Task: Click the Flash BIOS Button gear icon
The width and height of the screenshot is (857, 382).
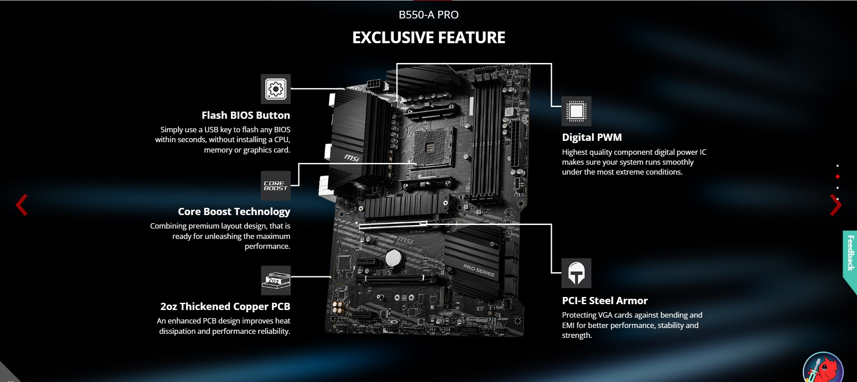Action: pyautogui.click(x=275, y=89)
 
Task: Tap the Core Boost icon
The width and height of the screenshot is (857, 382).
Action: pyautogui.click(x=275, y=186)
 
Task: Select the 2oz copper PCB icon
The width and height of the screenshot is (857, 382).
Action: pyautogui.click(x=275, y=280)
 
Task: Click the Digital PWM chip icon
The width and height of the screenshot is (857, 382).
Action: pyautogui.click(x=576, y=111)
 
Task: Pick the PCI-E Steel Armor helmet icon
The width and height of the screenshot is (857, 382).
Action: pyautogui.click(x=576, y=273)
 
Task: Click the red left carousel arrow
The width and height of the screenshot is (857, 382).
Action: pyautogui.click(x=22, y=205)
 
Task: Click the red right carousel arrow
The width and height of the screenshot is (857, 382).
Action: pyautogui.click(x=836, y=205)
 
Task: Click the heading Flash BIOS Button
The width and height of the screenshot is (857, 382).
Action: pyautogui.click(x=246, y=115)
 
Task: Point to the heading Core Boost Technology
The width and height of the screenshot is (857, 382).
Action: pyautogui.click(x=234, y=211)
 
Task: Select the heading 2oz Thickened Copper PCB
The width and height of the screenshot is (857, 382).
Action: pyautogui.click(x=225, y=306)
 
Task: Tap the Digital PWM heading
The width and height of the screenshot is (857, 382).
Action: pyautogui.click(x=592, y=137)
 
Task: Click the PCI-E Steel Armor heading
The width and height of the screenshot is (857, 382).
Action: pyautogui.click(x=605, y=301)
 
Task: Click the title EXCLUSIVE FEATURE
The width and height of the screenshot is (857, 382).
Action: pyautogui.click(x=428, y=37)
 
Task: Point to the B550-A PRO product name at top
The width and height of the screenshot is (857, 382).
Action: pyautogui.click(x=428, y=15)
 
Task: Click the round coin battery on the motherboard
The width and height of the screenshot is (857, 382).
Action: pyautogui.click(x=393, y=259)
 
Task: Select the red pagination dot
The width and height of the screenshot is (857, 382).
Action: pyautogui.click(x=838, y=177)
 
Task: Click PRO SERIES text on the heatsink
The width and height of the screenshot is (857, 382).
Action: pyautogui.click(x=479, y=270)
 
